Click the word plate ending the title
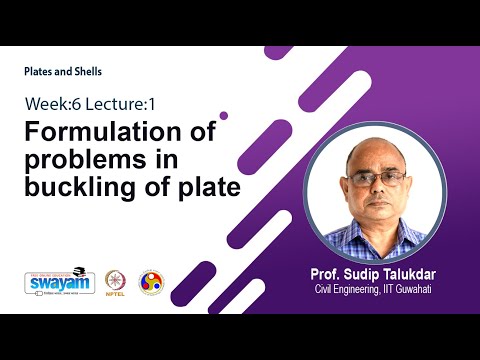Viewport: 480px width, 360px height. click(x=208, y=186)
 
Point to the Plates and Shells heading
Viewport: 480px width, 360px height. click(x=63, y=72)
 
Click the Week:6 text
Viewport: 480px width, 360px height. click(x=50, y=103)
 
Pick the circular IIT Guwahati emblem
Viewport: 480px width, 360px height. click(x=151, y=280)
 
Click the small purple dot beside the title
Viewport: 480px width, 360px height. click(x=223, y=115)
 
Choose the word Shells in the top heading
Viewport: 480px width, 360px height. click(x=84, y=72)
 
